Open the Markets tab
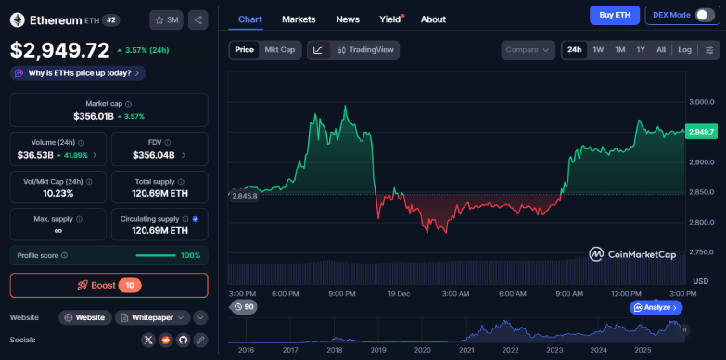(x=299, y=19)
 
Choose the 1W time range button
(x=598, y=50)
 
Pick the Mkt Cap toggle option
(x=279, y=50)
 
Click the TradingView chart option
(x=367, y=50)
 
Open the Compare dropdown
(x=528, y=50)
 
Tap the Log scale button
(x=684, y=50)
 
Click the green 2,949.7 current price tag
(x=700, y=132)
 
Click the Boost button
(x=109, y=285)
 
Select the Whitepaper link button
(x=154, y=317)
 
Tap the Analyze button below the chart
(x=656, y=307)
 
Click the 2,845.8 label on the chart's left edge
(x=244, y=196)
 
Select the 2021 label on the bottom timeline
(x=466, y=350)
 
